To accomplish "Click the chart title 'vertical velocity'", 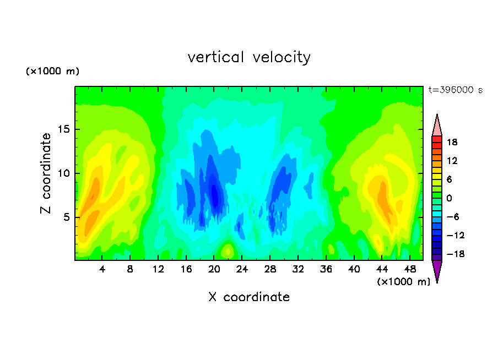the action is point(249,57).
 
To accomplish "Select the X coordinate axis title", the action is point(249,297).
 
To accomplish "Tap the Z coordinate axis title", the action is point(46,173).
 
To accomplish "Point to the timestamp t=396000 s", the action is point(456,90).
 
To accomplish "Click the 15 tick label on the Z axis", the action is point(63,129).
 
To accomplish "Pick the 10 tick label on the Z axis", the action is point(63,173).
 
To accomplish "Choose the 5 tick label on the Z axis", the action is point(66,217).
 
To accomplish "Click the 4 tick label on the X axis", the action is point(102,269).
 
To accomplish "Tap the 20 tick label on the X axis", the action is point(214,269).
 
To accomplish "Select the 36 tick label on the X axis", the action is point(326,269).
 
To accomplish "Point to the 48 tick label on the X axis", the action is point(410,269).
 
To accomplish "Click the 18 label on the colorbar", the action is point(452,142).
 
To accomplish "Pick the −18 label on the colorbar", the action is point(456,254).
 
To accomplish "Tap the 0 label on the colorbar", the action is point(449,198).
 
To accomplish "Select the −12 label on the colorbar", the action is point(456,235).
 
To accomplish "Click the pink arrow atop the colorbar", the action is point(437,127).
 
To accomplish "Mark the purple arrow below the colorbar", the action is point(437,270).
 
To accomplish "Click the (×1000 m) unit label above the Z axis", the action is point(52,71).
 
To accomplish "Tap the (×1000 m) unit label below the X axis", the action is point(403,282).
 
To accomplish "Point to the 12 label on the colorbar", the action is point(452,161).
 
